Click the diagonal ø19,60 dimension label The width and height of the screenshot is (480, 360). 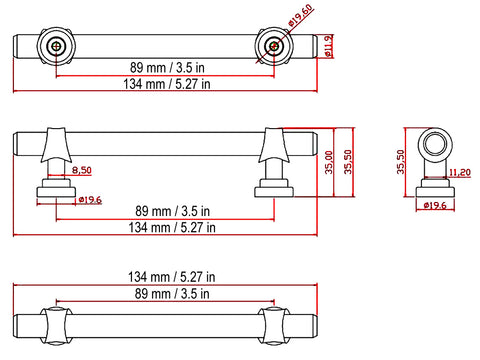pyautogui.click(x=301, y=15)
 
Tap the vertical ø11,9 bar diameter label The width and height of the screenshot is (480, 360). pyautogui.click(x=329, y=46)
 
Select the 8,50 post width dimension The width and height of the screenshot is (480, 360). pyautogui.click(x=82, y=170)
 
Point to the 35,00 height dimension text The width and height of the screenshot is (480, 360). pyautogui.click(x=329, y=162)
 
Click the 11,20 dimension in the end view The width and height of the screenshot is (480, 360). pyautogui.click(x=460, y=172)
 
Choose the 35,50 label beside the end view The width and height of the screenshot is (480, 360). pyautogui.click(x=400, y=162)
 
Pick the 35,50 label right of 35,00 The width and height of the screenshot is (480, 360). pyautogui.click(x=348, y=162)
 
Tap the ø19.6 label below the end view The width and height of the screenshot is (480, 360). pyautogui.click(x=435, y=205)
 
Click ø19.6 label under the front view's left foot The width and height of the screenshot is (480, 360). pyautogui.click(x=90, y=200)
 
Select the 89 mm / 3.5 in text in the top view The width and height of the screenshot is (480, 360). pyautogui.click(x=167, y=68)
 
